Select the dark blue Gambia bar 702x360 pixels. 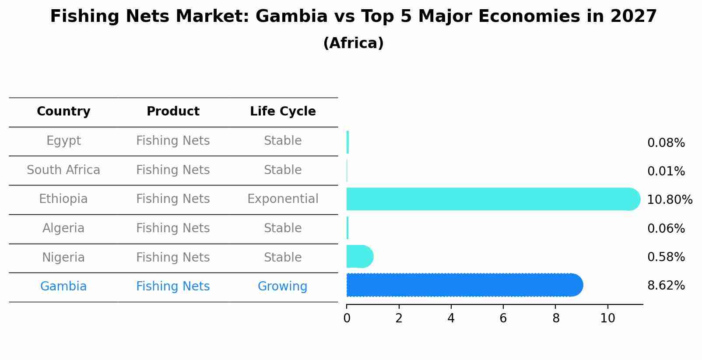(x=464, y=285)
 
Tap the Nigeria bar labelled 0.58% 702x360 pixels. (x=359, y=256)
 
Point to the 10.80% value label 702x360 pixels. (x=670, y=200)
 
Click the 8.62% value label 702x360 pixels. (x=666, y=286)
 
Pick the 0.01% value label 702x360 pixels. (x=666, y=171)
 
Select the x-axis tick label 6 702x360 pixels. (x=503, y=318)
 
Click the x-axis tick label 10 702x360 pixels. (x=607, y=318)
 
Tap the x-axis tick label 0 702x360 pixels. (x=347, y=318)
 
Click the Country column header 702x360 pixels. (x=63, y=112)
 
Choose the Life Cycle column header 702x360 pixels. (x=283, y=112)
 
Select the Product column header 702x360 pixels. (x=173, y=112)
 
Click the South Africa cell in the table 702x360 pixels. (x=63, y=170)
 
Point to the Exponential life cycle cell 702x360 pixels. (x=283, y=199)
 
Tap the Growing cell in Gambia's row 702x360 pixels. (x=282, y=287)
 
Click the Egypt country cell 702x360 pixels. (x=63, y=141)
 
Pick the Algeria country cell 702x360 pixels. (x=63, y=228)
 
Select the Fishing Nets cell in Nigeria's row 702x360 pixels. (x=173, y=258)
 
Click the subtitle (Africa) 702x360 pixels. (x=353, y=43)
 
